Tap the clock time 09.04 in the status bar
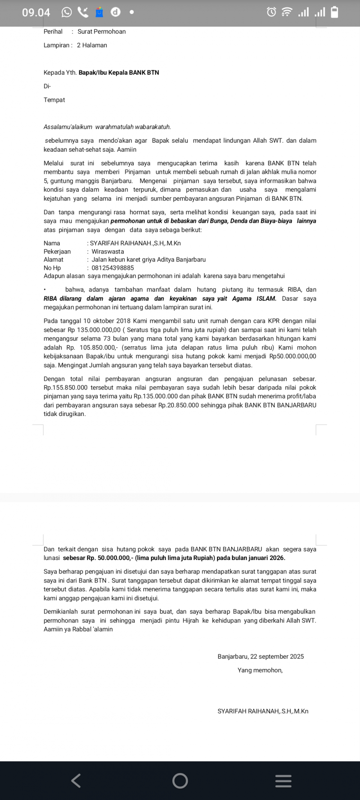pyautogui.click(x=36, y=12)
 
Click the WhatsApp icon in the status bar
pyautogui.click(x=67, y=12)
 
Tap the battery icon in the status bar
pyautogui.click(x=334, y=12)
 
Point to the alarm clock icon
pyautogui.click(x=271, y=12)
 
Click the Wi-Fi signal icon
pyautogui.click(x=287, y=12)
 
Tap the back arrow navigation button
pyautogui.click(x=76, y=780)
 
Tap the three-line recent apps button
pyautogui.click(x=283, y=781)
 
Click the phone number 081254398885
pyautogui.click(x=112, y=268)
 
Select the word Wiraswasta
pyautogui.click(x=108, y=252)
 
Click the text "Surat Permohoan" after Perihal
pyautogui.click(x=101, y=32)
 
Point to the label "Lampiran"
pyautogui.click(x=56, y=45)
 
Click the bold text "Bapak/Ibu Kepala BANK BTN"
pyautogui.click(x=119, y=72)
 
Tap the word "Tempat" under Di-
pyautogui.click(x=54, y=100)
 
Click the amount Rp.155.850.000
pyautogui.click(x=66, y=388)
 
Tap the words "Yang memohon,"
pyautogui.click(x=260, y=670)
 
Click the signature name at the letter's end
pyautogui.click(x=263, y=711)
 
